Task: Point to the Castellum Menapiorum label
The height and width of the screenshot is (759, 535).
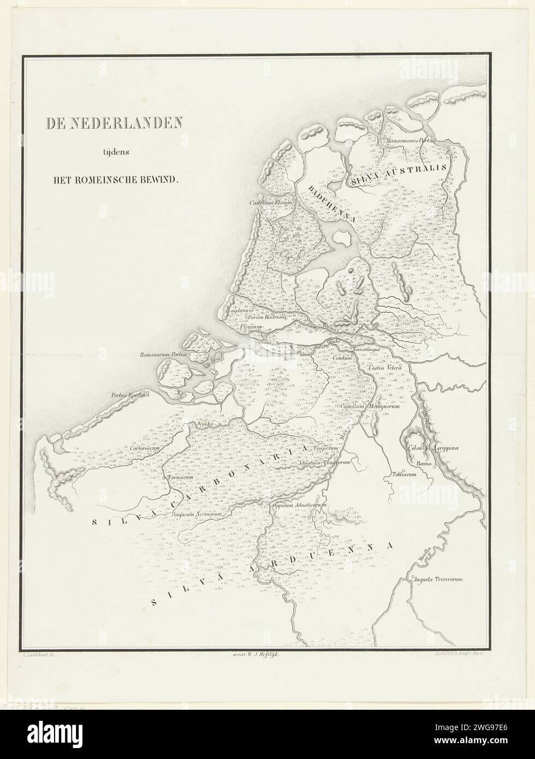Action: point(371,407)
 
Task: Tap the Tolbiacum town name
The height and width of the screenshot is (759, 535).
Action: point(405,475)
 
